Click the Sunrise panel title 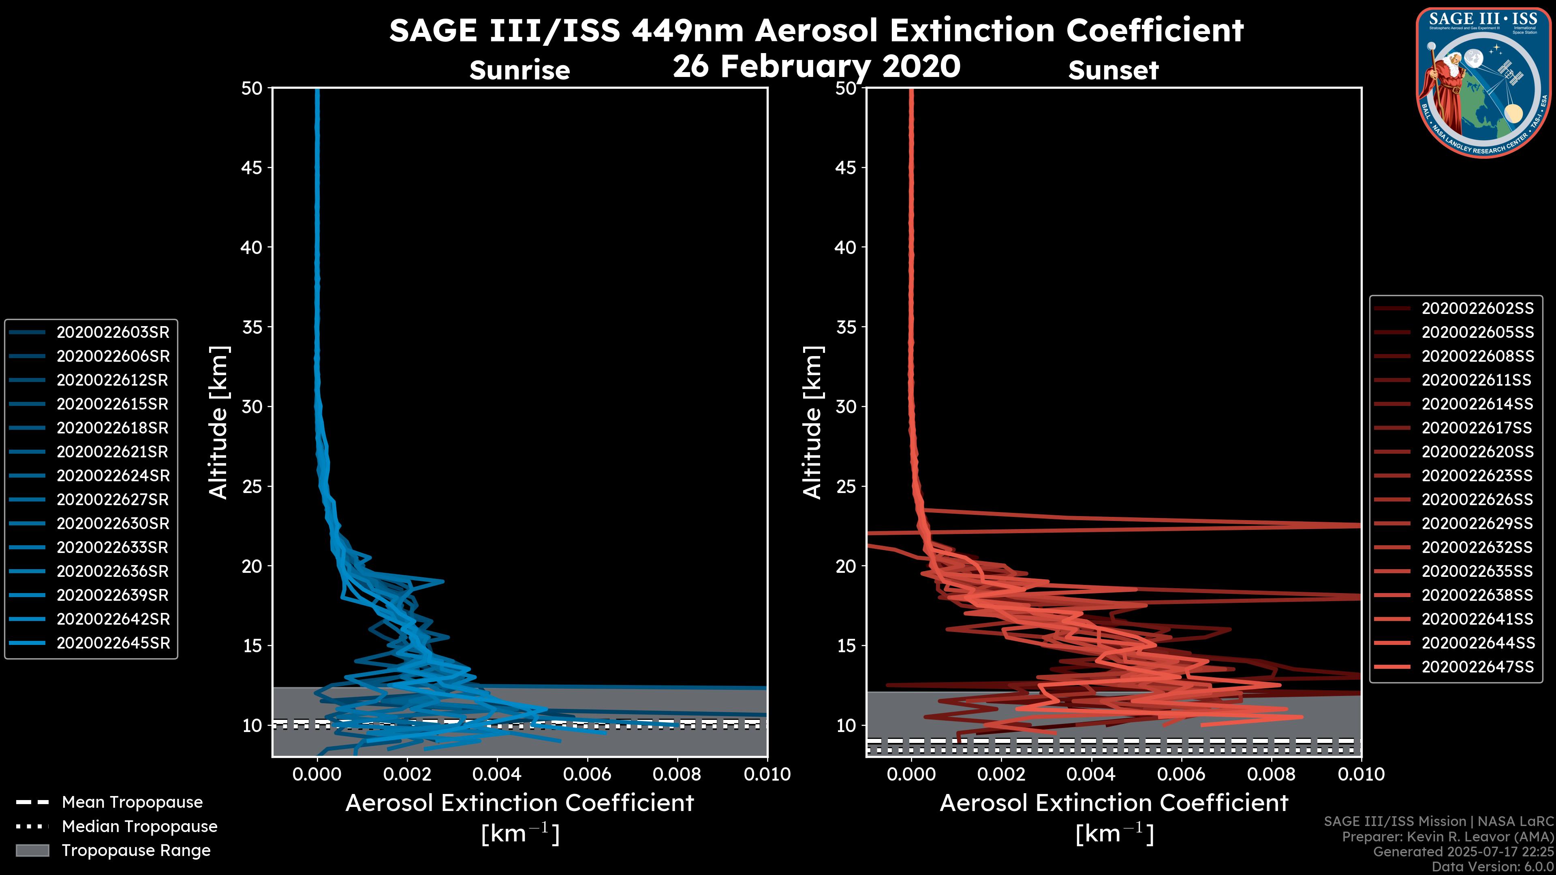[x=519, y=70]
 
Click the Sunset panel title [x=1113, y=70]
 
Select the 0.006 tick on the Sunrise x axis [x=586, y=774]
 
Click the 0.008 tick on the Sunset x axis [x=1271, y=774]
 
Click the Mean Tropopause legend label [x=132, y=802]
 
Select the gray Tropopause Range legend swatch [x=32, y=850]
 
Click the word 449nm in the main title [x=687, y=30]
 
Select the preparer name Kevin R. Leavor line [x=1447, y=837]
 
